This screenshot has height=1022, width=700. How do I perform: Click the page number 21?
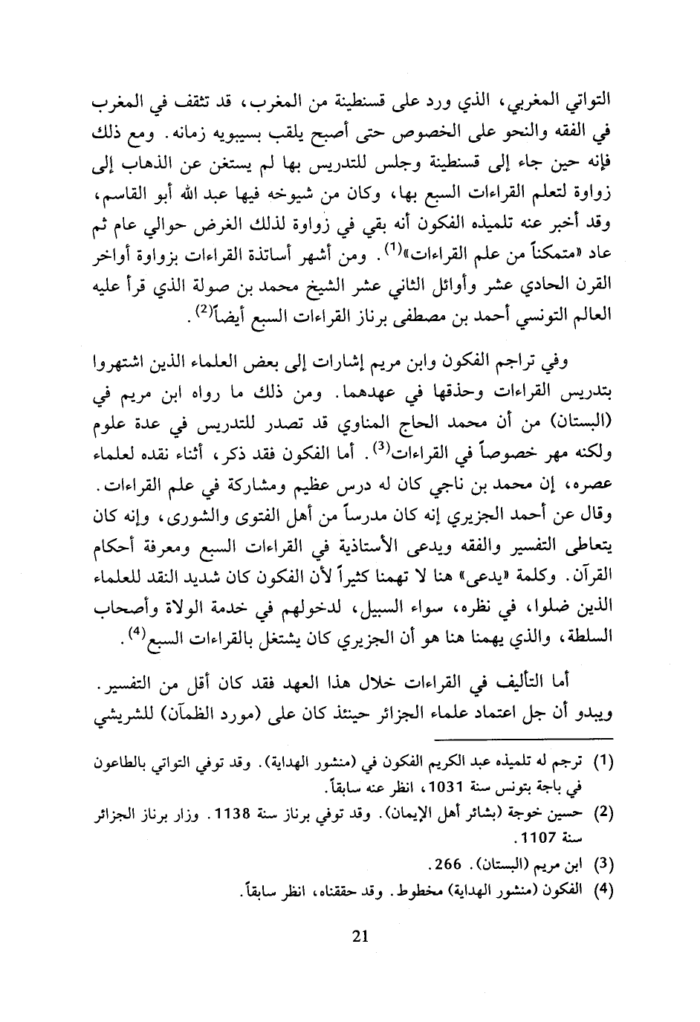pyautogui.click(x=359, y=937)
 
